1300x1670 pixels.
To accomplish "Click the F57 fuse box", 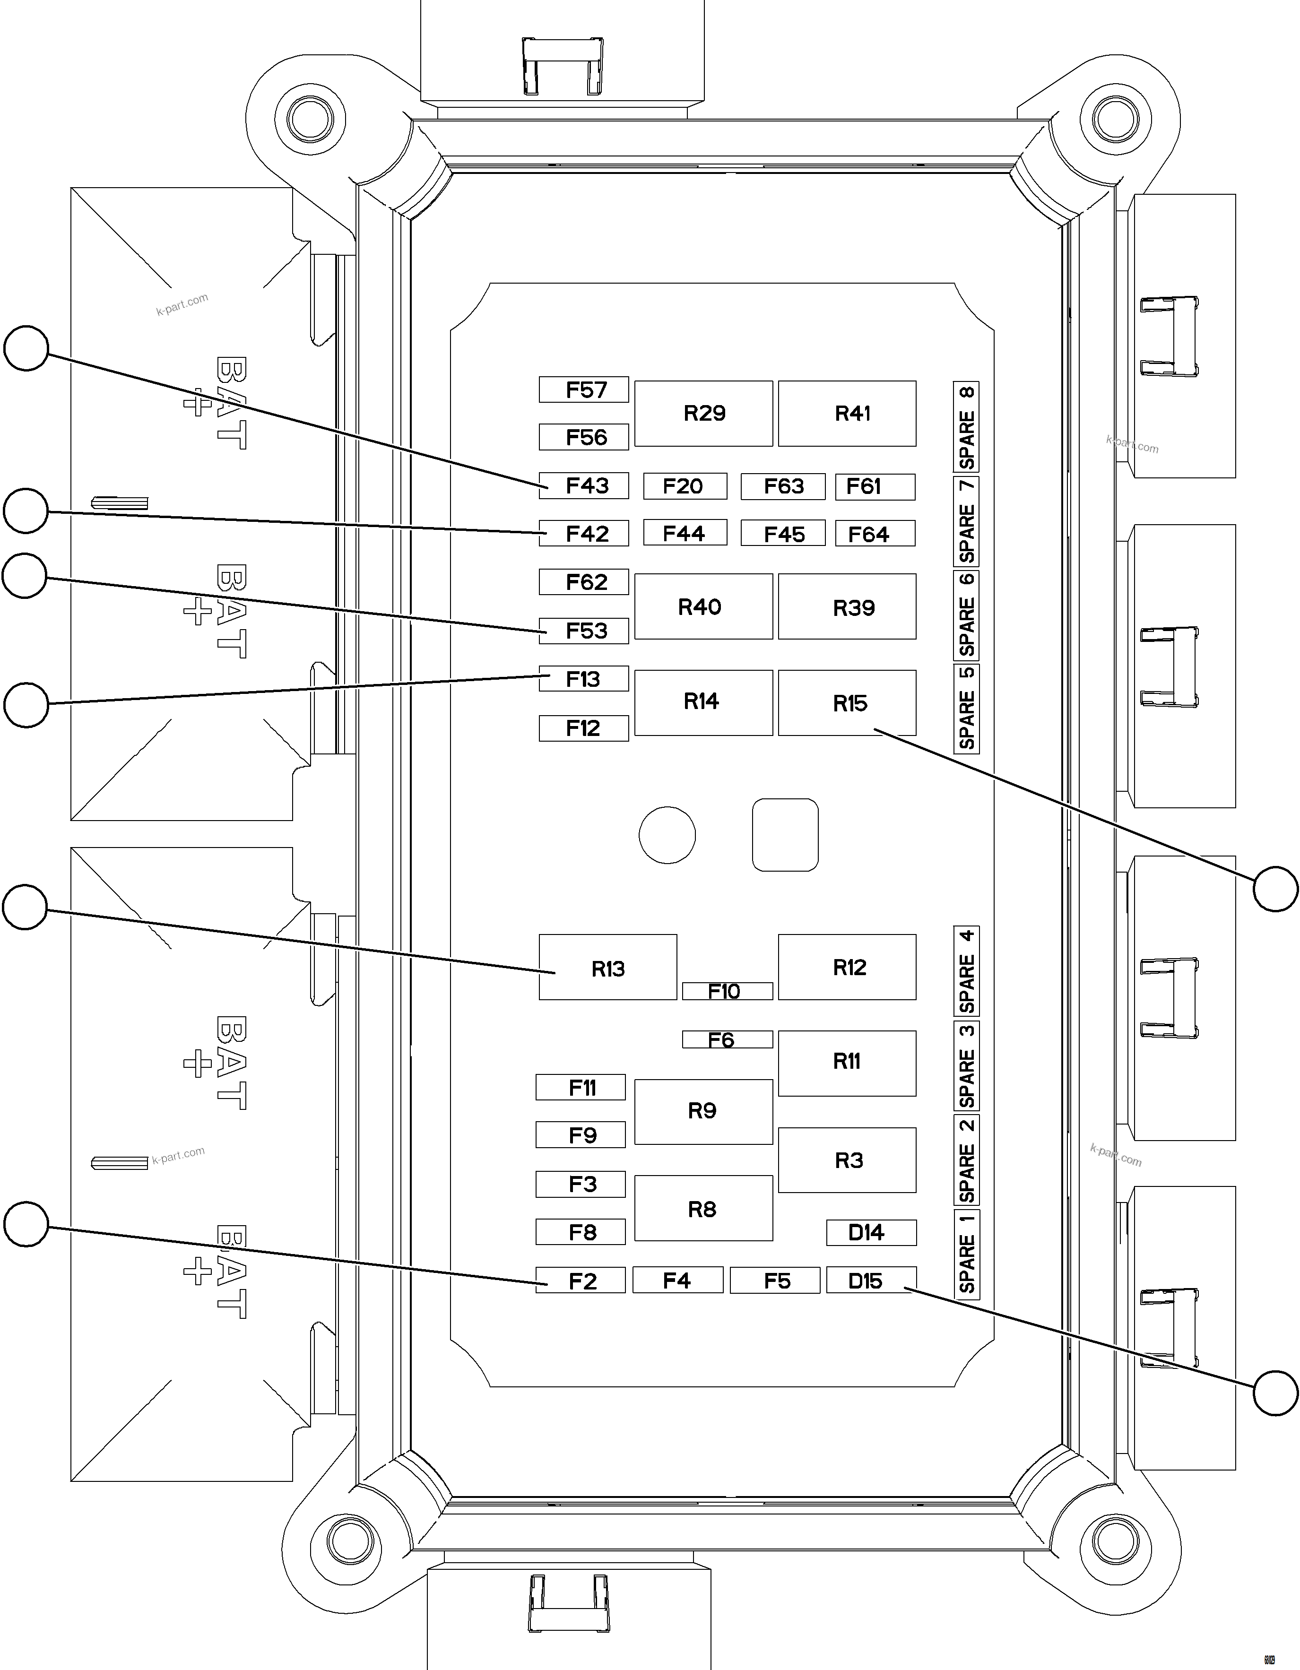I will (x=583, y=390).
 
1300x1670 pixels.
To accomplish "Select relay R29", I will (x=703, y=414).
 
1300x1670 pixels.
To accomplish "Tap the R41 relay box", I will (x=847, y=414).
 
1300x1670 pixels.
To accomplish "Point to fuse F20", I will (x=685, y=486).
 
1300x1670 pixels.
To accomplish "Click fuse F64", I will (x=875, y=534).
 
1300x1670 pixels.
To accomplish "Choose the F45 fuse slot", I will (x=782, y=534).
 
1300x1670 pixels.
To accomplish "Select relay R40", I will (x=703, y=607).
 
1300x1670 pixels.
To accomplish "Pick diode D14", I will (x=871, y=1233).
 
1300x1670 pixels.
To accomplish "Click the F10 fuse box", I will (x=727, y=992).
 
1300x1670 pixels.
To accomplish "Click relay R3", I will (x=847, y=1160).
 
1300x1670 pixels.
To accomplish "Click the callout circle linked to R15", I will (x=1275, y=889).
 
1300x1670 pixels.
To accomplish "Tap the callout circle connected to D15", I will (x=1275, y=1393).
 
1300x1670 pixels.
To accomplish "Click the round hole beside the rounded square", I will (x=667, y=835).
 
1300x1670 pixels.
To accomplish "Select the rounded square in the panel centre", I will (x=785, y=835).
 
